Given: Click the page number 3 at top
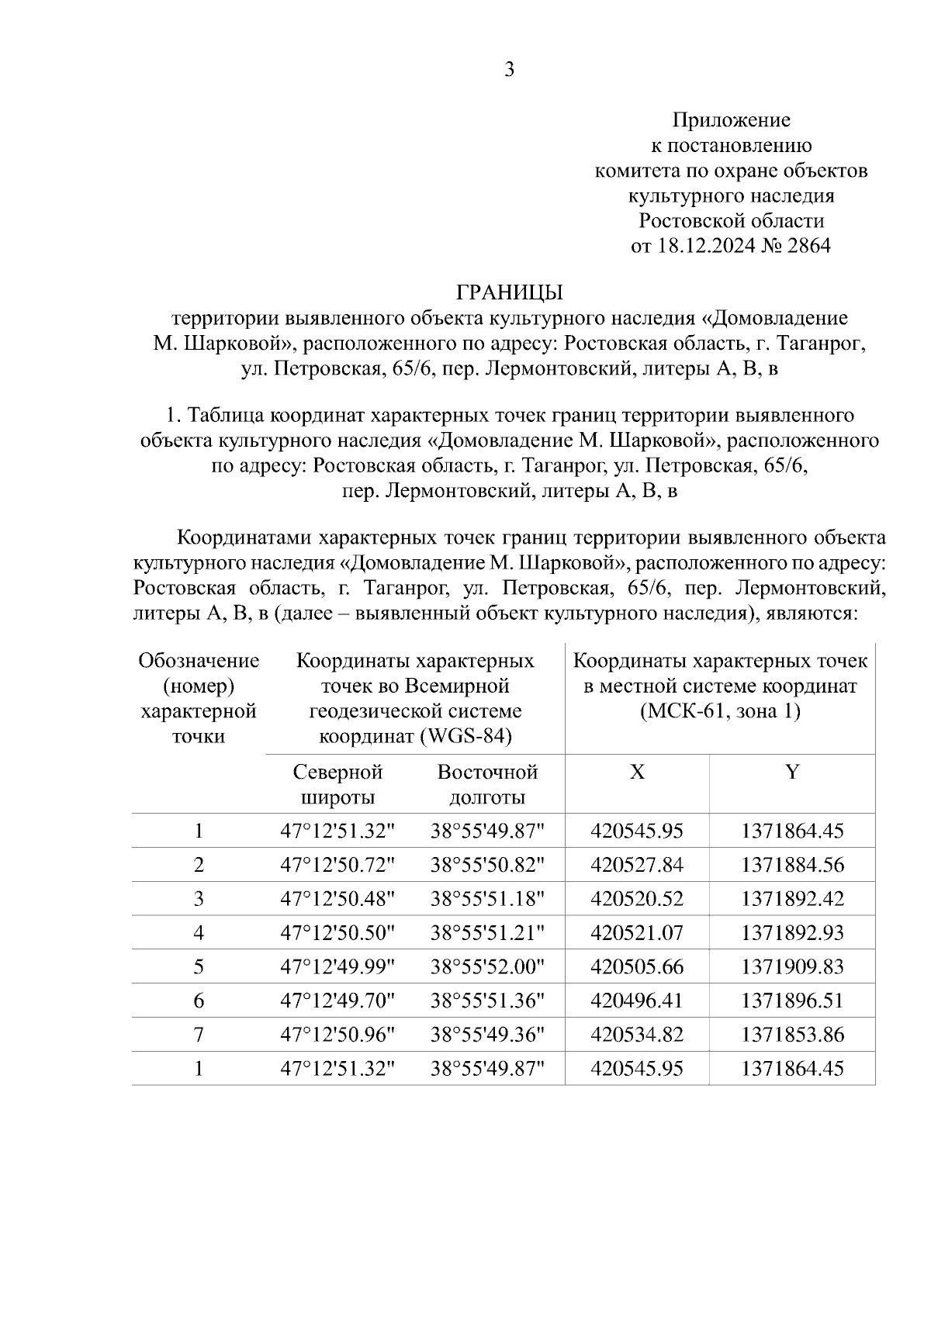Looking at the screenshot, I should point(509,70).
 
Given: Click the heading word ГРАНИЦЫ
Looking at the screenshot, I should point(509,292).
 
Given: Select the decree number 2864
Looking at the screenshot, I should point(808,246).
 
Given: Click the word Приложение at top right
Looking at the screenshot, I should point(731,119).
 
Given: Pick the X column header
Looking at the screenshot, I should point(637,772).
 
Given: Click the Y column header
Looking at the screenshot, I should point(791,772).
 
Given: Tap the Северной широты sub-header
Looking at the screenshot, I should point(337,784).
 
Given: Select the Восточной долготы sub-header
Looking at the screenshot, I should point(487,784).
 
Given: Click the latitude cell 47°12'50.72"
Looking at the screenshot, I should point(337,865).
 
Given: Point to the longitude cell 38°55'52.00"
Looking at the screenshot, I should point(487,966).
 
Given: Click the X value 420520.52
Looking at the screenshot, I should point(637,899).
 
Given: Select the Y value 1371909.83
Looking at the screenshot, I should point(791,966).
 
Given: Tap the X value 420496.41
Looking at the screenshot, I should point(637,1001).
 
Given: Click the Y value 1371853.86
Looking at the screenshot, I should point(791,1035).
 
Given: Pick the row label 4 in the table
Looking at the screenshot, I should point(199,932).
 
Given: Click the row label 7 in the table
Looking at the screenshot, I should point(199,1035).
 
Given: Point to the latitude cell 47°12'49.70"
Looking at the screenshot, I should point(337,1001).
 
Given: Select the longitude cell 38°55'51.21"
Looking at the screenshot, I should point(487,932).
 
